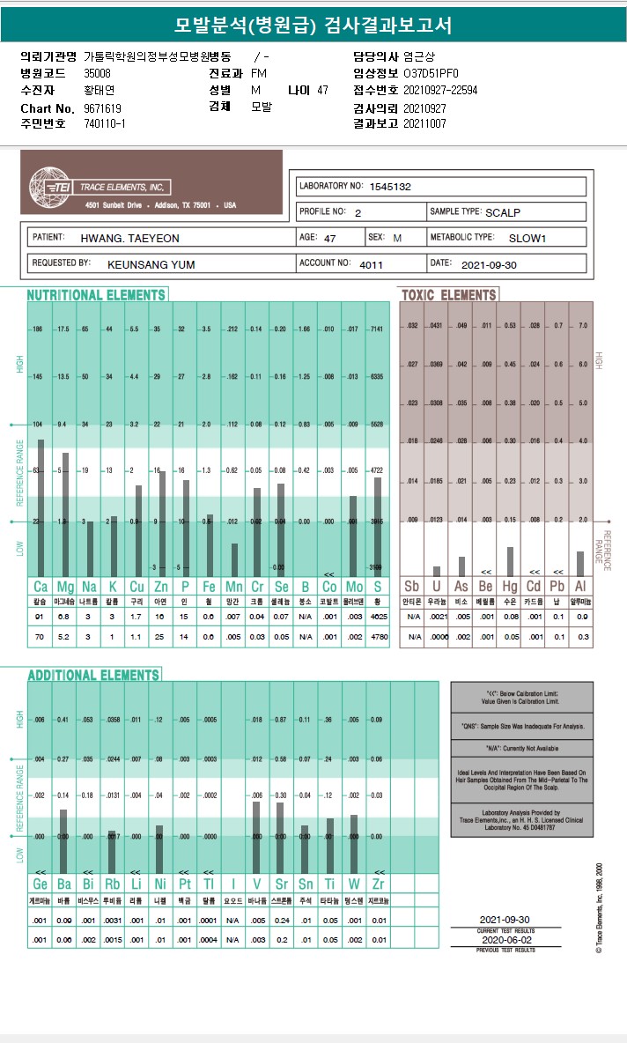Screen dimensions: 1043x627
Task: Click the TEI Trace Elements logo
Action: tap(52, 187)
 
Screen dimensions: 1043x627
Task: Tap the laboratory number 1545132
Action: tap(390, 187)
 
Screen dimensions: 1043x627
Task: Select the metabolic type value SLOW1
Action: tap(527, 238)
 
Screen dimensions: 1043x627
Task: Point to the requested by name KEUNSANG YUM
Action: tap(151, 263)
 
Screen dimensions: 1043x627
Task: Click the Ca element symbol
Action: tap(41, 587)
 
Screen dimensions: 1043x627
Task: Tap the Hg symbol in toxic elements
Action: tap(510, 587)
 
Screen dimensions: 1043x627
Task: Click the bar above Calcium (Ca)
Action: tap(41, 507)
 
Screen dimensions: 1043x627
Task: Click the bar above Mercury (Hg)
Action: tap(510, 562)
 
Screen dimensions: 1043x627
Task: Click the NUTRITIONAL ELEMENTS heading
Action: tap(96, 295)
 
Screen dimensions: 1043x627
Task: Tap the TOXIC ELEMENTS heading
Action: tap(449, 295)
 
